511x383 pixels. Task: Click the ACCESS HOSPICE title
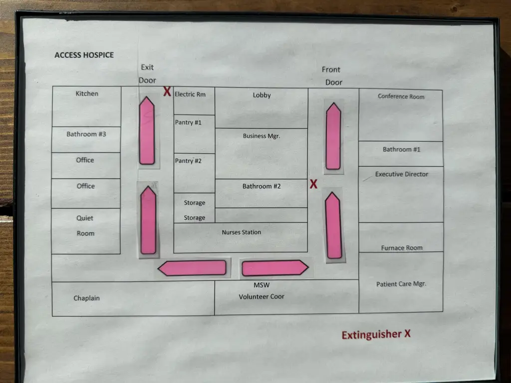84,55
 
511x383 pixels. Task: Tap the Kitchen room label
87,93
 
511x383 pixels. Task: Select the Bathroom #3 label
86,134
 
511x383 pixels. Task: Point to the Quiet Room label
85,225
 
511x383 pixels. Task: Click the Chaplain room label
87,298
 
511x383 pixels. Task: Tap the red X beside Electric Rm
167,92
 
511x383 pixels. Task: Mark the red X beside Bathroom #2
313,184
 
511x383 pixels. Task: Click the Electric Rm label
190,94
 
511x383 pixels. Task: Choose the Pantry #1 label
188,122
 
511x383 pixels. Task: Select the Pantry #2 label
188,161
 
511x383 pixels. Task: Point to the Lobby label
261,95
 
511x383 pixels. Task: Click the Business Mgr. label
261,136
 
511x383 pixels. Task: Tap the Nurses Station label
242,232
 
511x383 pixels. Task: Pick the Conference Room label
401,96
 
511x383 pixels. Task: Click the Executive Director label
402,174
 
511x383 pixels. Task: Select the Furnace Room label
402,248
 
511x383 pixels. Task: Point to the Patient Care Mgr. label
401,284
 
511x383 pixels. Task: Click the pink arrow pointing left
192,268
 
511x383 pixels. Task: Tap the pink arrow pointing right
275,268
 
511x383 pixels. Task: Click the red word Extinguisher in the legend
371,335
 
